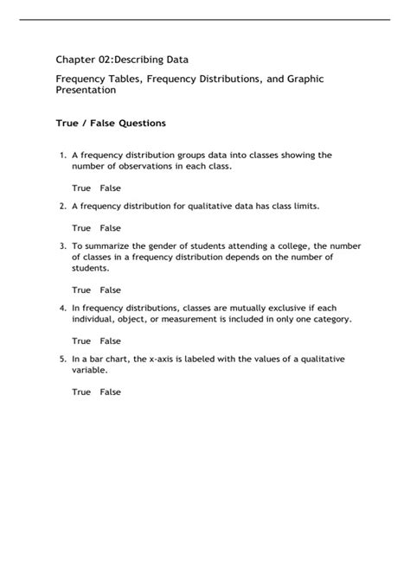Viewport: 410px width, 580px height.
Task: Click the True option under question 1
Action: (x=81, y=188)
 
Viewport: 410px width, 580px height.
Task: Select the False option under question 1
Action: (x=110, y=188)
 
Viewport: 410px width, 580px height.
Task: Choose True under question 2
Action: (x=81, y=228)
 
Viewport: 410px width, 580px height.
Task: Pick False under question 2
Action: (x=110, y=228)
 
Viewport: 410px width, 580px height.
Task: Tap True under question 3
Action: (x=81, y=290)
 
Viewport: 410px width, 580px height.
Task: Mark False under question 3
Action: (x=110, y=290)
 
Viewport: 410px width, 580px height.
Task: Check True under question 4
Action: (x=81, y=341)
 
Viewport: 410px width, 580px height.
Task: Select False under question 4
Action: (x=110, y=341)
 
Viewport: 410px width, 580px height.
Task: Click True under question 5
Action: (x=81, y=392)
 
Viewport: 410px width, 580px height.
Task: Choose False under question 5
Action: (x=110, y=392)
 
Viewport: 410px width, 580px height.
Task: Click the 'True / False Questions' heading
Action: (x=111, y=124)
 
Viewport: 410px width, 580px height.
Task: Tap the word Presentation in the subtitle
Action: (x=86, y=89)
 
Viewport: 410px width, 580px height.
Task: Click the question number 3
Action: (x=62, y=246)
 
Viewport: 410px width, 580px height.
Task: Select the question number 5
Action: (x=62, y=359)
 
